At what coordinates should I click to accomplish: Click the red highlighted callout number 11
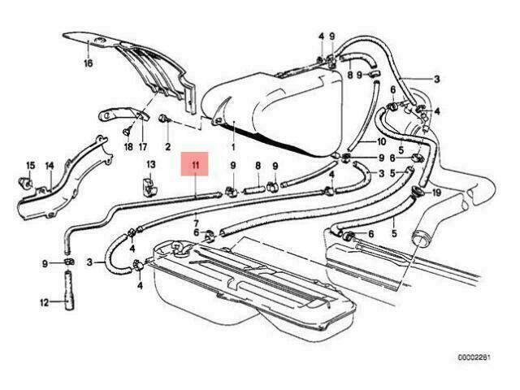point(195,165)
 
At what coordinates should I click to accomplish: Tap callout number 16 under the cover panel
point(89,63)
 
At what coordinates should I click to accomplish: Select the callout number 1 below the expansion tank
point(233,146)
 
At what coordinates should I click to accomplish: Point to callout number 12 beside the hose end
point(44,303)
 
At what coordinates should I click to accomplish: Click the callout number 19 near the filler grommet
point(437,193)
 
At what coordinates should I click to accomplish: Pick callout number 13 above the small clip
point(151,164)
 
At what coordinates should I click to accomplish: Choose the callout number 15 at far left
point(31,165)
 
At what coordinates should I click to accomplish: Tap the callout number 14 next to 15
point(50,166)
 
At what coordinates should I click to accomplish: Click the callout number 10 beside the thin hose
point(381,141)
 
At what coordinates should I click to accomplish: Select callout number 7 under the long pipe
point(196,223)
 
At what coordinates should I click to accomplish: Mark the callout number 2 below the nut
point(168,146)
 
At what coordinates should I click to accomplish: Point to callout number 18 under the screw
point(128,146)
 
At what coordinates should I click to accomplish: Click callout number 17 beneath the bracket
point(143,146)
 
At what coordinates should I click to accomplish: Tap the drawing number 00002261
point(474,357)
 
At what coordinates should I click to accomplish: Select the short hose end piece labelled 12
point(69,290)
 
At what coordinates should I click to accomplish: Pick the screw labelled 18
point(128,132)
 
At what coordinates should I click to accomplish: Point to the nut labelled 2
point(165,119)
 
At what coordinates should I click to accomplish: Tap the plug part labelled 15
point(25,182)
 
